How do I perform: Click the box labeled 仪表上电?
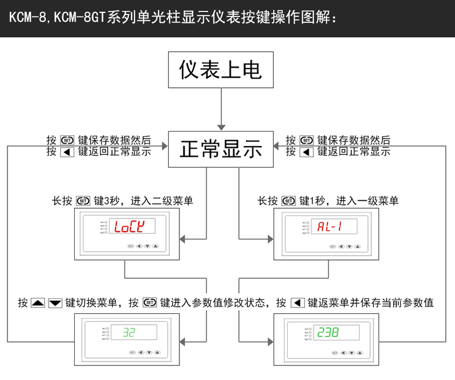tap(221, 70)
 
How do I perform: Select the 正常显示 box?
tap(221, 149)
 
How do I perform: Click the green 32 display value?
tap(129, 332)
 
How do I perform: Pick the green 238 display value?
tap(329, 332)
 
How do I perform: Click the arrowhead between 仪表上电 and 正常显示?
tap(221, 127)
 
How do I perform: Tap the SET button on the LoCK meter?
tap(130, 246)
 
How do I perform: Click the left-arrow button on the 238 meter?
tap(343, 352)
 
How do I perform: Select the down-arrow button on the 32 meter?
tap(147, 352)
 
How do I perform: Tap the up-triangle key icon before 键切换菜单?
tap(38, 303)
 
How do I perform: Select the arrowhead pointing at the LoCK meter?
tap(183, 240)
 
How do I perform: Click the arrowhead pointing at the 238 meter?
tap(270, 342)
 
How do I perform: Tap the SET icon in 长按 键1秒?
tap(288, 201)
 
